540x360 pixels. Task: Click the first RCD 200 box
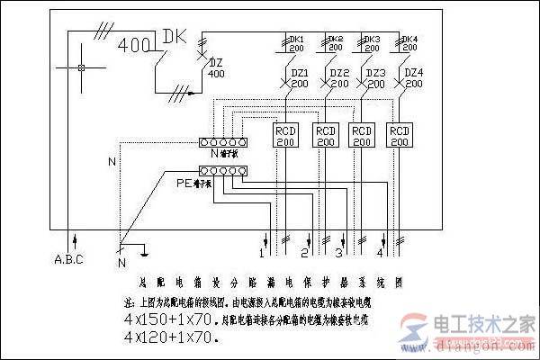[x=285, y=136]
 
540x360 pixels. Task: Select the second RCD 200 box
[x=325, y=136]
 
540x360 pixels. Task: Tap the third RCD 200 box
[x=362, y=136]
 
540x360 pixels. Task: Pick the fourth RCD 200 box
[x=399, y=136]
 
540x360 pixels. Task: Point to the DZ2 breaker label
[x=339, y=73]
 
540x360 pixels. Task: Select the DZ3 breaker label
[x=376, y=73]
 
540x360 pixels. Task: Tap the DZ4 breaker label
[x=413, y=73]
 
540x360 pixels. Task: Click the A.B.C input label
[x=69, y=261]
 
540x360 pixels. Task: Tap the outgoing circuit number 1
[x=261, y=254]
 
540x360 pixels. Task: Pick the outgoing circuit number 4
[x=382, y=253]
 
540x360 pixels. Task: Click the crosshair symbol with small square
[x=80, y=68]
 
